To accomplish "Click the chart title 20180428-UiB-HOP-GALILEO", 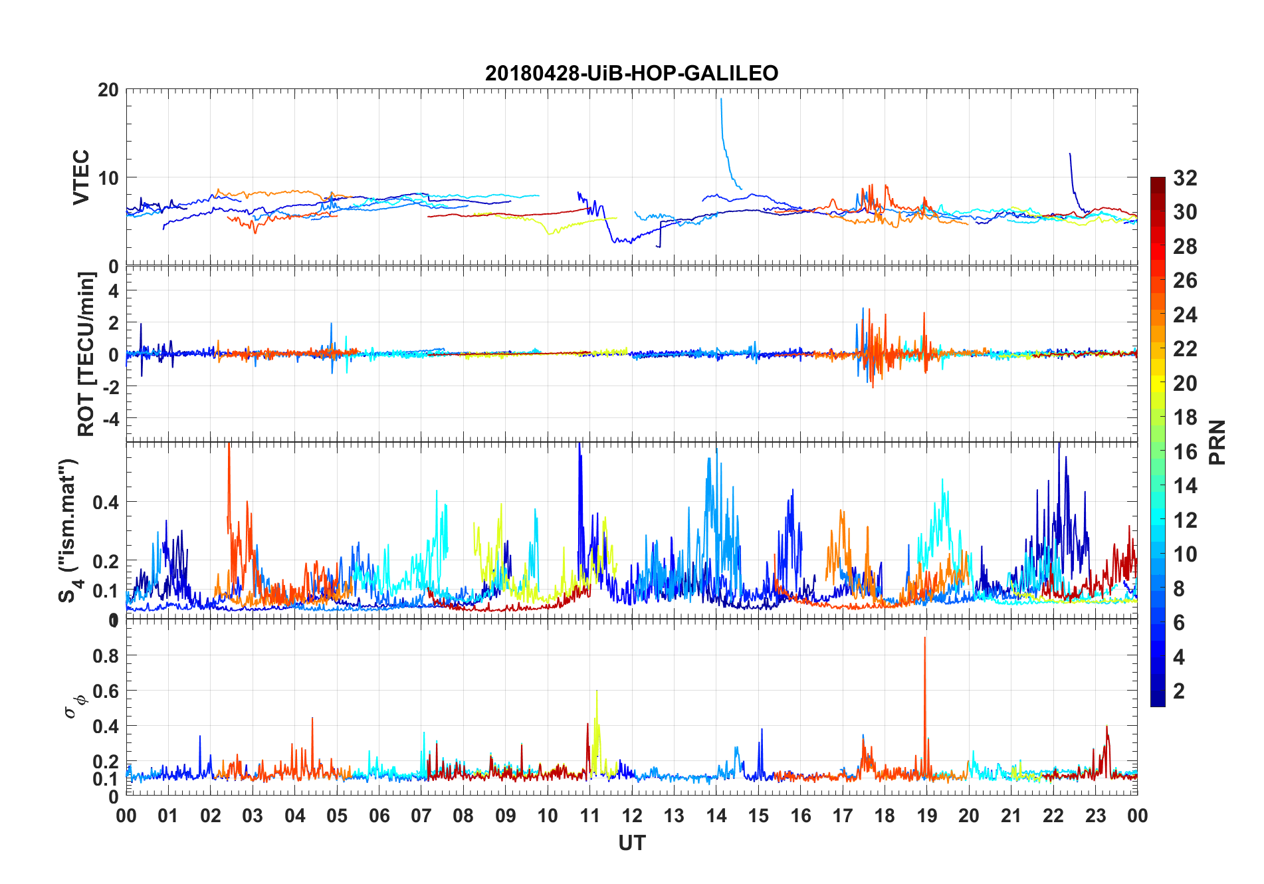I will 631,73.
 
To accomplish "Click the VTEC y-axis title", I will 81,177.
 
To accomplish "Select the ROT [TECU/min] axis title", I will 86,354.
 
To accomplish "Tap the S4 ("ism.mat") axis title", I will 69,530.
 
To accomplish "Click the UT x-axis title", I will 631,843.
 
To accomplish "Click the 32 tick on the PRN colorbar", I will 1185,178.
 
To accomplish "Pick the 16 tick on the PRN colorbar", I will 1185,452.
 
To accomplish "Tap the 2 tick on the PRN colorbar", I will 1179,691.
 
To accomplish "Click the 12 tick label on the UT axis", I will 631,816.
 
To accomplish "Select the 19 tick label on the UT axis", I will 926,816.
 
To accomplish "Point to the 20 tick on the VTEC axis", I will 108,90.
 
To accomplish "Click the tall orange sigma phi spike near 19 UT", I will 924,639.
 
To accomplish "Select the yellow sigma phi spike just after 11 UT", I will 597,693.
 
